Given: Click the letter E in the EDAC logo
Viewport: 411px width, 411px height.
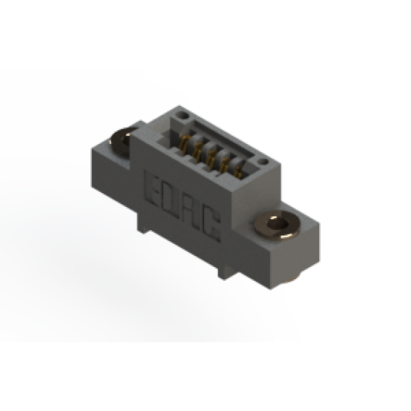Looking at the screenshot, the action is pyautogui.click(x=152, y=189).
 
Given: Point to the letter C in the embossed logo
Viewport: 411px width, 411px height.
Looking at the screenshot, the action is pyautogui.click(x=211, y=224).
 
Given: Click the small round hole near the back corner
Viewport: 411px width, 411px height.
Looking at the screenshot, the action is pyautogui.click(x=182, y=115).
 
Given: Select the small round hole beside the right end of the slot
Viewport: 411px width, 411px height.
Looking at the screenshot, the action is pyautogui.click(x=263, y=162).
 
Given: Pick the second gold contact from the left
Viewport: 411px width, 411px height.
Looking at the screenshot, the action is pyautogui.click(x=198, y=151).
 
